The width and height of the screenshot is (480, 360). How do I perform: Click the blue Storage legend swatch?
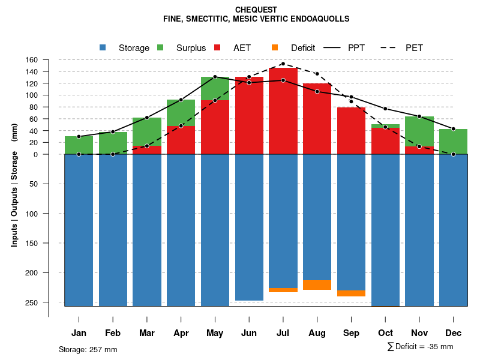(x=103, y=47)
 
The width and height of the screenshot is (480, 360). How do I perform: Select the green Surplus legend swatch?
(x=160, y=47)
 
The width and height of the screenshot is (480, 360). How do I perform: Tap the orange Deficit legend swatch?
(x=275, y=47)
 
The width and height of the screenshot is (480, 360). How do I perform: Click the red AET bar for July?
(x=283, y=111)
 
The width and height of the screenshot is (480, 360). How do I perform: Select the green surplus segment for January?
(x=79, y=145)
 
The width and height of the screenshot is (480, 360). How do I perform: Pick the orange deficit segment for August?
(x=317, y=285)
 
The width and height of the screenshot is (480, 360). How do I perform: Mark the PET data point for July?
(x=283, y=64)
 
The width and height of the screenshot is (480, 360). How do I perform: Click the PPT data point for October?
(x=385, y=109)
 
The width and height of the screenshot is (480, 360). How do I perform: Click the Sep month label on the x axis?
(x=351, y=333)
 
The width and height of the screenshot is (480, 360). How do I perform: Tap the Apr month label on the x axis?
(x=181, y=333)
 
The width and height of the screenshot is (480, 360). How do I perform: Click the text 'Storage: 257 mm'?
(x=88, y=349)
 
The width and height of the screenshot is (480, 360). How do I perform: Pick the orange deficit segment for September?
(x=351, y=293)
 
